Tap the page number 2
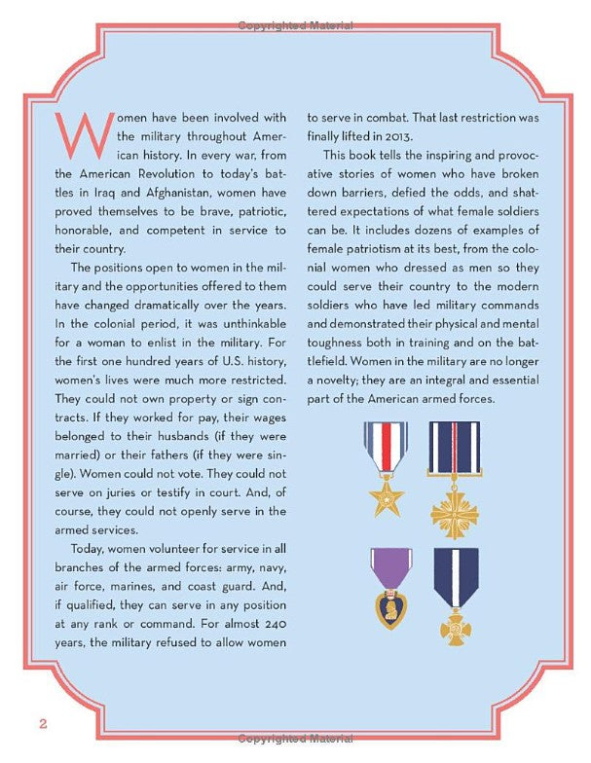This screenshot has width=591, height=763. pos(43,722)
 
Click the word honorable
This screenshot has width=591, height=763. pos(82,231)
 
